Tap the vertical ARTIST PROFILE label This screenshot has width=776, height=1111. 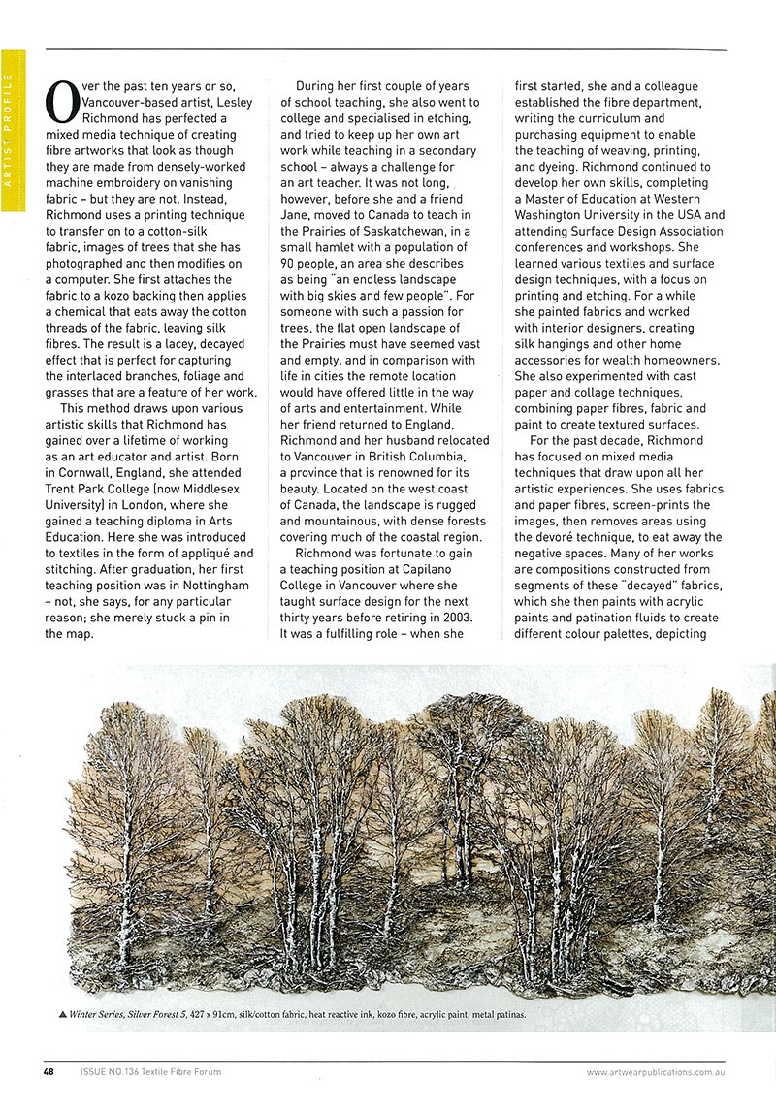coord(8,127)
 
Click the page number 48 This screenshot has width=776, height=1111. coord(48,1071)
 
